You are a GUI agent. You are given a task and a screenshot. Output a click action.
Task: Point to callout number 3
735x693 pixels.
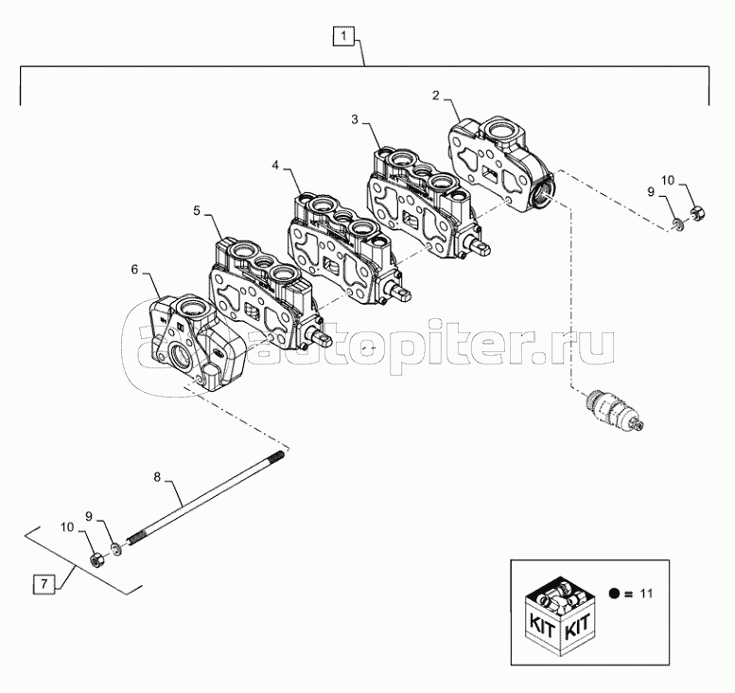(354, 119)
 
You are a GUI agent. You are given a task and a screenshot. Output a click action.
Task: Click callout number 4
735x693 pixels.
(275, 165)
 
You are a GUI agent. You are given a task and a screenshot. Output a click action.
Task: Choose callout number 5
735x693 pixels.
(197, 210)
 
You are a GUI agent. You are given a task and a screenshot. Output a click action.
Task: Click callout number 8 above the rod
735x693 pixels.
(158, 478)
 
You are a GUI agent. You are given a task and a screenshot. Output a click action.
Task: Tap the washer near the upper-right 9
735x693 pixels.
(678, 225)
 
